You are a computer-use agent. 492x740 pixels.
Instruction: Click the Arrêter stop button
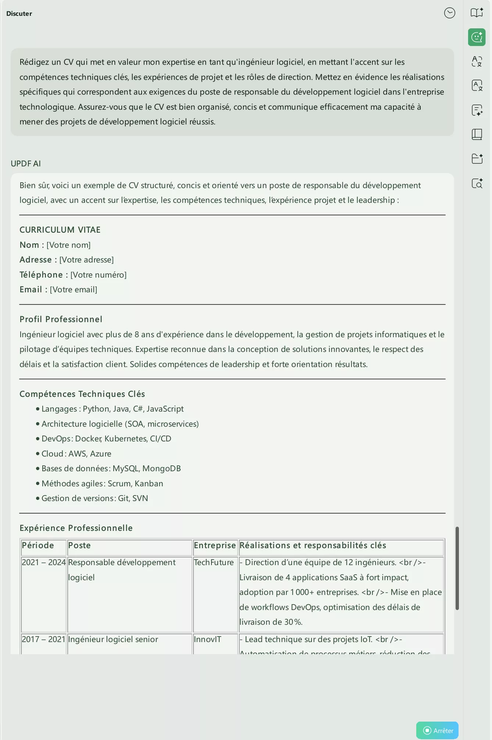(x=437, y=730)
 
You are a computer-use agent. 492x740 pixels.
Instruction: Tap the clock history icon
(x=449, y=13)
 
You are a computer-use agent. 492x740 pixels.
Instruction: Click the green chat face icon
(x=477, y=37)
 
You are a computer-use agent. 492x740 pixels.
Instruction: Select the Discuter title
(x=19, y=14)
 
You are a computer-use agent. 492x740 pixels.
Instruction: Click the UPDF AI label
(x=26, y=163)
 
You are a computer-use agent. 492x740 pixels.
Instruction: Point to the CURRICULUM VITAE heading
(x=60, y=230)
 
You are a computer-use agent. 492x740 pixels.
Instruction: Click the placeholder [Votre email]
(x=74, y=290)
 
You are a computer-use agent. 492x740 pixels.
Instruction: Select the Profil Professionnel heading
(x=61, y=319)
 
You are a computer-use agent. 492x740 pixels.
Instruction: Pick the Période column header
(x=38, y=546)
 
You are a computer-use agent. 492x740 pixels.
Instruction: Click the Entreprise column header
(x=215, y=546)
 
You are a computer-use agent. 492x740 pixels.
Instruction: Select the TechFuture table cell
(x=214, y=563)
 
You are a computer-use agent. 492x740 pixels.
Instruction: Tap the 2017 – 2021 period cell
(x=43, y=639)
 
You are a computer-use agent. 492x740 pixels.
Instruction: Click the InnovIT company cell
(x=207, y=639)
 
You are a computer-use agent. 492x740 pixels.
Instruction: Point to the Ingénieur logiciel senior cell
(x=113, y=639)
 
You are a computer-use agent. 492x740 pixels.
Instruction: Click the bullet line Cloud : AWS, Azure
(x=76, y=454)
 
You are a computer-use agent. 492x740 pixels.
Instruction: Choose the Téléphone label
(x=41, y=275)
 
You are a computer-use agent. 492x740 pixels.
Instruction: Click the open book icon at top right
(x=477, y=13)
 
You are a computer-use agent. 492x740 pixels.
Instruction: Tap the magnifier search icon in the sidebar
(x=477, y=183)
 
